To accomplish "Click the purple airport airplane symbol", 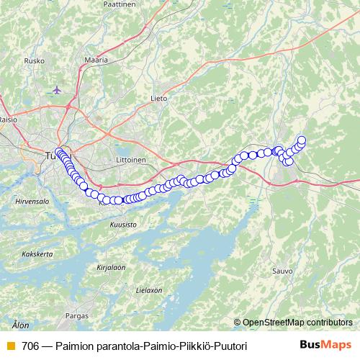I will (58, 90).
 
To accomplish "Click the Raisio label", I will (8, 120).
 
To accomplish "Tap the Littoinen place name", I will (130, 160).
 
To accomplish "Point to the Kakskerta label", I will (37, 253).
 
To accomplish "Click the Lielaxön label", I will (149, 289).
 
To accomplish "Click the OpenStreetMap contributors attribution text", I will (297, 322).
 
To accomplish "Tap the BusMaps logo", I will (325, 346).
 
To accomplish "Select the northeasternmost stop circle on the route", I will (302, 140).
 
